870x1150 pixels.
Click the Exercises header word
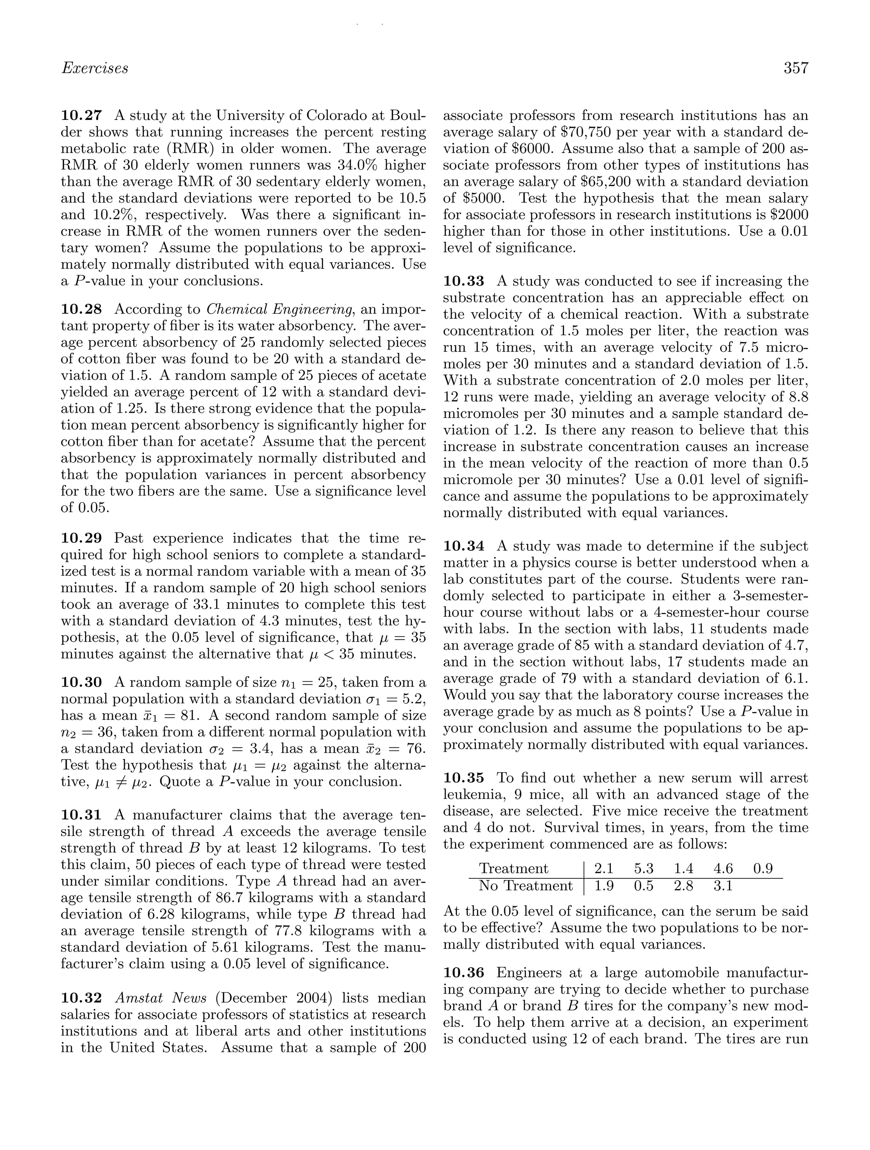point(95,68)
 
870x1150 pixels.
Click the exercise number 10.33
point(463,281)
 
